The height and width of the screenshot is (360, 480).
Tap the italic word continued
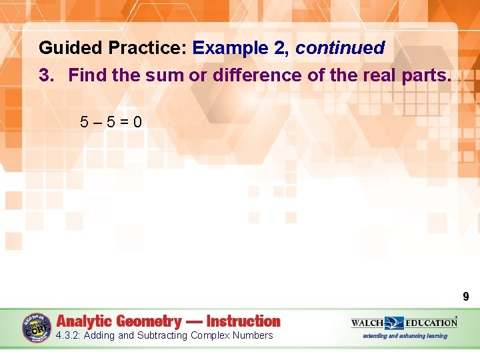coord(340,48)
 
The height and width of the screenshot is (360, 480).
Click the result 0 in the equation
coord(137,122)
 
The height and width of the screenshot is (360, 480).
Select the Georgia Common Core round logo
coord(36,327)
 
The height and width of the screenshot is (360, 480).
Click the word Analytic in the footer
coord(88,321)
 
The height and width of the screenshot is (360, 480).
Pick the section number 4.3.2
coord(68,335)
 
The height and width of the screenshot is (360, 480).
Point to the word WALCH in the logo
coord(367,323)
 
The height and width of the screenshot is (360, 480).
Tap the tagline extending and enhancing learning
coord(405,336)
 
